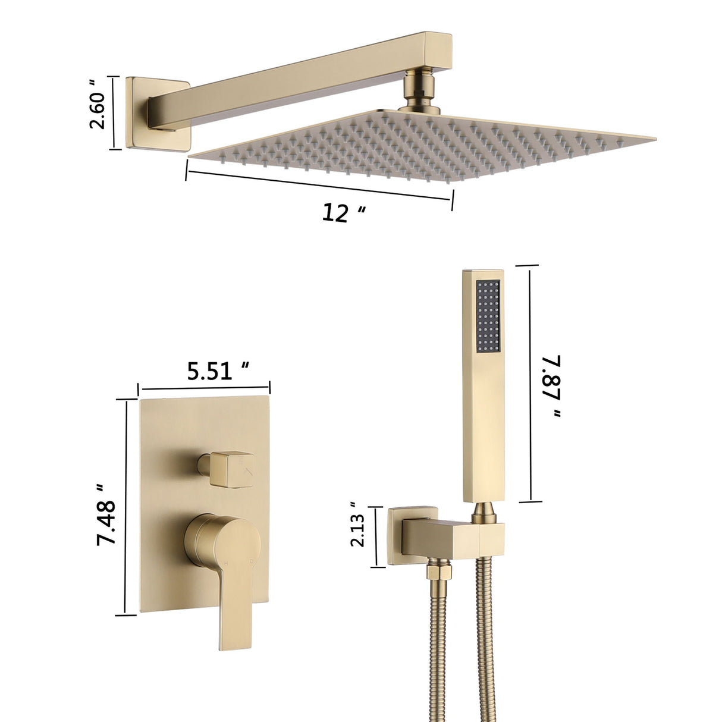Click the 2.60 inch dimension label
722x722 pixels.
tap(97, 110)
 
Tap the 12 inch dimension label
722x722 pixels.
tap(342, 212)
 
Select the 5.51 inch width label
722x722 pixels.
tap(217, 372)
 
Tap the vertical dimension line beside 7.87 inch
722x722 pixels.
tap(529, 384)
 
